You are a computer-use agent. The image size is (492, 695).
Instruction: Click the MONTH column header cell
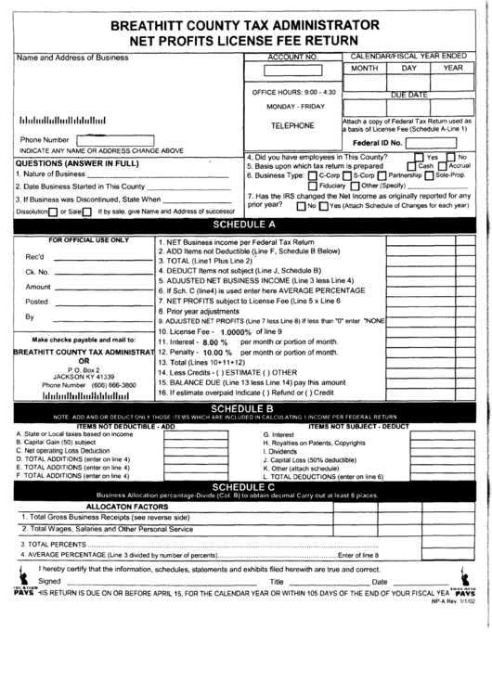(x=364, y=69)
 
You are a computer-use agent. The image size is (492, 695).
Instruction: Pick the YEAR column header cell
(x=452, y=69)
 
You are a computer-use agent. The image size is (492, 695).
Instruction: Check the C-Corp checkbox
(x=312, y=175)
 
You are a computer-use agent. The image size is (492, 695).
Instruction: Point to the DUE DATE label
(x=408, y=95)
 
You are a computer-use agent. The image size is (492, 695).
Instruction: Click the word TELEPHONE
(x=291, y=125)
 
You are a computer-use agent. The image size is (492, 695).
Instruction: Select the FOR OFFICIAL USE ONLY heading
(x=89, y=239)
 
